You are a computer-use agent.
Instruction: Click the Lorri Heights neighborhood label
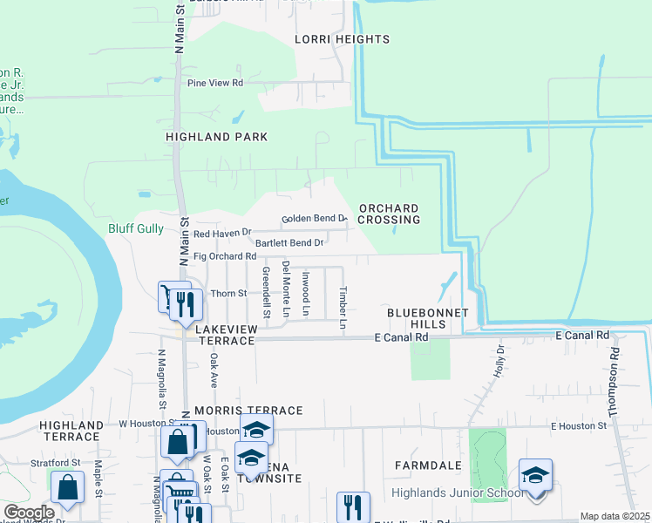click(342, 39)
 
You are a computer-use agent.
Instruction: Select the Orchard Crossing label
click(390, 214)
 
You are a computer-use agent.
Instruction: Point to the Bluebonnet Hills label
click(429, 318)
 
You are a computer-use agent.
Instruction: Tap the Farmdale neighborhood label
click(427, 465)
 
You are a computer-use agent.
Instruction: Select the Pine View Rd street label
click(214, 83)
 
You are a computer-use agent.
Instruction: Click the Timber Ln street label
click(343, 307)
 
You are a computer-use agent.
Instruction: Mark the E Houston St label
click(578, 425)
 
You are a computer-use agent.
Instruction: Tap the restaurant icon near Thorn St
click(186, 303)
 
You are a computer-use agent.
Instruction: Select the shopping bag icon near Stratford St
click(67, 488)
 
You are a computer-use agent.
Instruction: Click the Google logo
click(29, 513)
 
